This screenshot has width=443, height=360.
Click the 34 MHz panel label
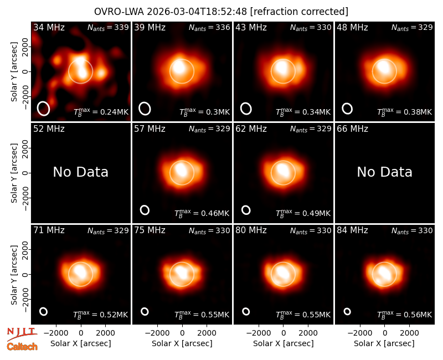click(49, 27)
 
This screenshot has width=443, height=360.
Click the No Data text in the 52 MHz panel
click(81, 172)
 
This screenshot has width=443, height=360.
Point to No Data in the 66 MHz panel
click(384, 172)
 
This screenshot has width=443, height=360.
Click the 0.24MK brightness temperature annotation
click(101, 111)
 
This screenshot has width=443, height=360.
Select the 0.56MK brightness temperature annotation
click(405, 314)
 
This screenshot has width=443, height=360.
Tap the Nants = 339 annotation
click(108, 27)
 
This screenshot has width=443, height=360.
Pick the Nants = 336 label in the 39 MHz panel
click(209, 27)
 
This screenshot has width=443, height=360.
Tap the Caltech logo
click(22, 347)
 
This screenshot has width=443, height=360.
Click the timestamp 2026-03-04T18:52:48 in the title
click(197, 12)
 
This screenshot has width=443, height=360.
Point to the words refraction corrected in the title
click(299, 12)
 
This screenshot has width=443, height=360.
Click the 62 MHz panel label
click(251, 129)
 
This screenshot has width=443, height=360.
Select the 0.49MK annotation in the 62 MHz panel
click(303, 213)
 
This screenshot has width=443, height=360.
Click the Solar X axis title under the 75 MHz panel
click(182, 343)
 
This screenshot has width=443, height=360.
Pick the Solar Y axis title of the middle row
click(14, 173)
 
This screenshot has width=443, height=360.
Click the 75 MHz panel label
click(150, 230)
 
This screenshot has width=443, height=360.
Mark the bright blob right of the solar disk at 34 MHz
click(101, 73)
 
